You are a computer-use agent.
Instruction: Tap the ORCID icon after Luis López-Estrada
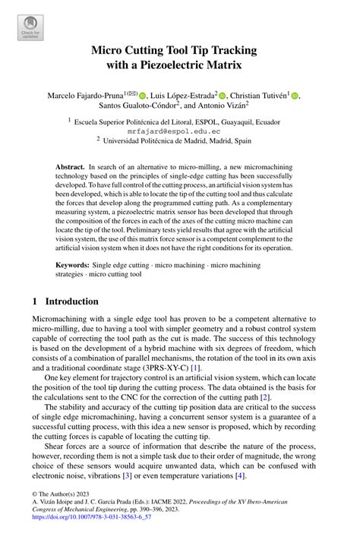(223, 96)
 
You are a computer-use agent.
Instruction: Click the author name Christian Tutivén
(259, 95)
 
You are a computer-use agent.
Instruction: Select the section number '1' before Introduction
(35, 300)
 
